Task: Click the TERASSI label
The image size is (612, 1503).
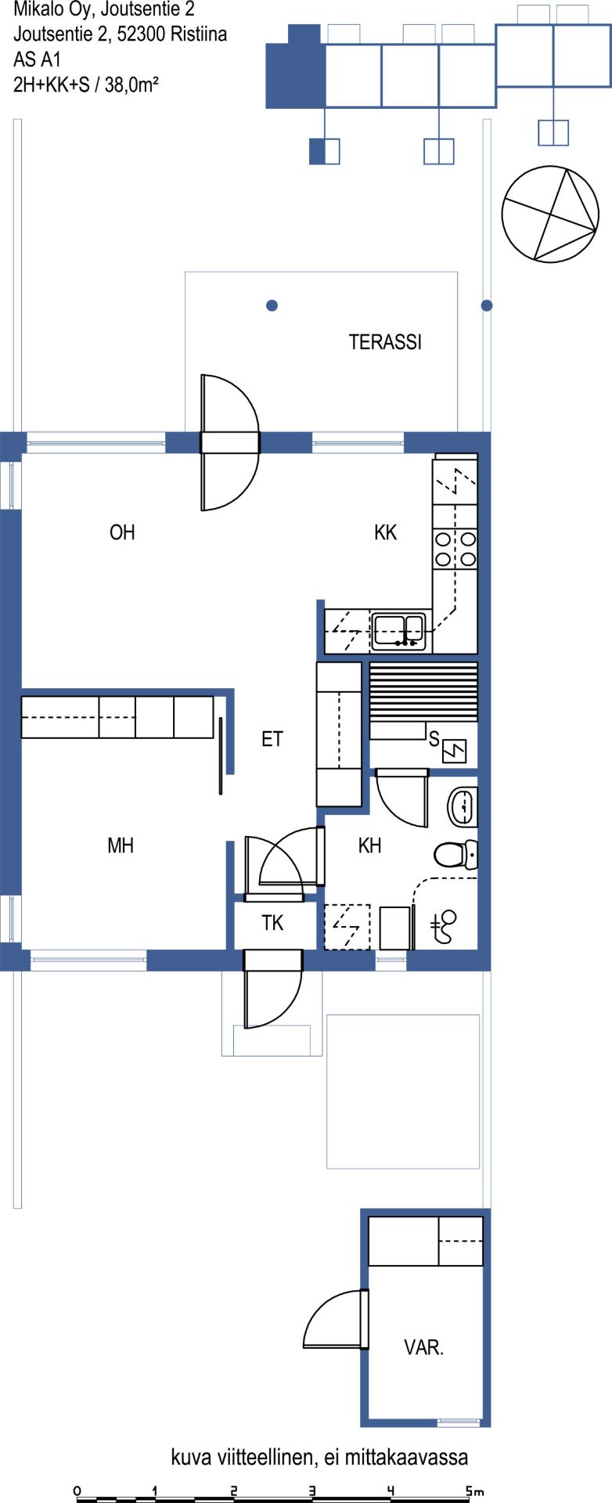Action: click(385, 342)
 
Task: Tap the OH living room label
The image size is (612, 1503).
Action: click(122, 532)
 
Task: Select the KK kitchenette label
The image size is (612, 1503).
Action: click(386, 532)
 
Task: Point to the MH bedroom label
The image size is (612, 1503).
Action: click(121, 845)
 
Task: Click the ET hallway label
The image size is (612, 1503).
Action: click(272, 739)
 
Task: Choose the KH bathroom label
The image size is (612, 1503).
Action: click(369, 845)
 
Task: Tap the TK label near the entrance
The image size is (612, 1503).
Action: click(272, 924)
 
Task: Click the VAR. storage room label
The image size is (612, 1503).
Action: click(424, 1348)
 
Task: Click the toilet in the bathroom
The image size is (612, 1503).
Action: click(455, 854)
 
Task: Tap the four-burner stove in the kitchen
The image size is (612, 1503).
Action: click(455, 548)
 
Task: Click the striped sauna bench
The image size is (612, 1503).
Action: click(423, 692)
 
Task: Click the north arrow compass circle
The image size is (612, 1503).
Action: click(551, 214)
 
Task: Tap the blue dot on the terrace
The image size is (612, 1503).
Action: click(272, 305)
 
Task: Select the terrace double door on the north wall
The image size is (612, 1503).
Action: click(229, 443)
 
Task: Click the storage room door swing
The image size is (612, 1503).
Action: click(336, 1319)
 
